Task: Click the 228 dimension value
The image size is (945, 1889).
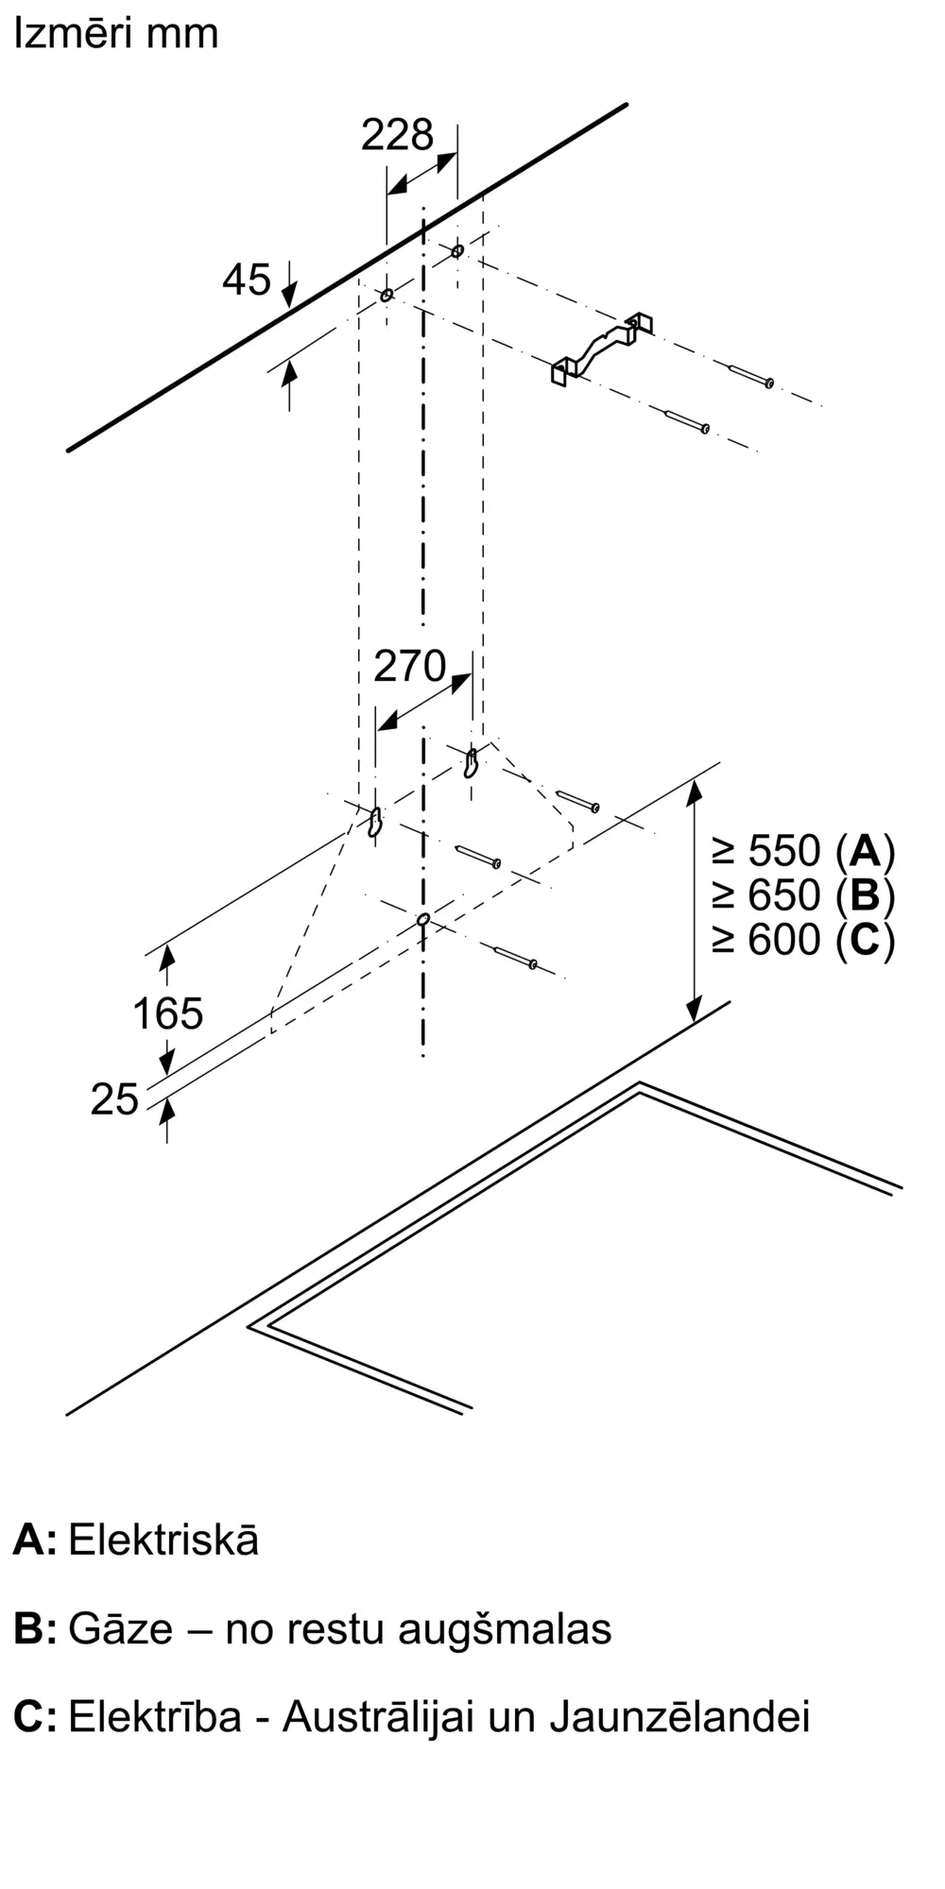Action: [x=397, y=135]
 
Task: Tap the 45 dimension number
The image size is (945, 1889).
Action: [x=247, y=280]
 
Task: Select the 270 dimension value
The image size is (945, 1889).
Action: [x=409, y=667]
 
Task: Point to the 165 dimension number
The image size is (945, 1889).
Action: [x=167, y=1013]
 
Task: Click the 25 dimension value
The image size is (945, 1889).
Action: [x=114, y=1099]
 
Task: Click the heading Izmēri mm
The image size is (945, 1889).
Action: [x=115, y=34]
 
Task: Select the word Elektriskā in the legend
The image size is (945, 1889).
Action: [x=163, y=1540]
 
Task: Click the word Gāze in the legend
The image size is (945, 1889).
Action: [x=121, y=1629]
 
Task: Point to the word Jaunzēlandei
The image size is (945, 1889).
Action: [x=679, y=1716]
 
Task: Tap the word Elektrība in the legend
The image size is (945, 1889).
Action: [x=155, y=1716]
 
